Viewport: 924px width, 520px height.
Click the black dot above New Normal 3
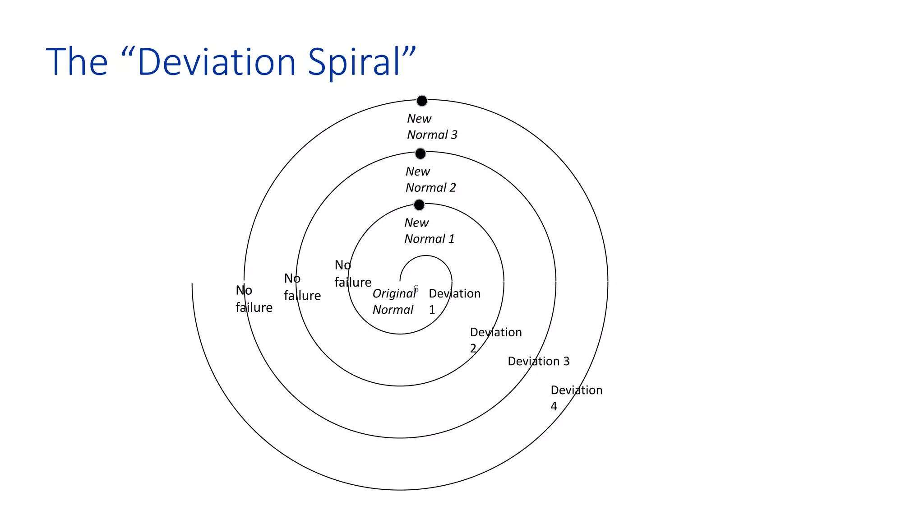(422, 101)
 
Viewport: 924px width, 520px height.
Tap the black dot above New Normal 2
(420, 154)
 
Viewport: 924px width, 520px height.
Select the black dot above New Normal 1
(419, 205)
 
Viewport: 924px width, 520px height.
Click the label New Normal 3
(432, 127)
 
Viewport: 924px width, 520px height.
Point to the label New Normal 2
(430, 180)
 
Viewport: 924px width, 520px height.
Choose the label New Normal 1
(429, 231)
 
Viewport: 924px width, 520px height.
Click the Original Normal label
(394, 302)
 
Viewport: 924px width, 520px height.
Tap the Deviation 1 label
(454, 302)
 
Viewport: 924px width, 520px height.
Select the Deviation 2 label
(495, 340)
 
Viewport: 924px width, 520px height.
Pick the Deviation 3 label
(538, 361)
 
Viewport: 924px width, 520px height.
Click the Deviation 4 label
(576, 398)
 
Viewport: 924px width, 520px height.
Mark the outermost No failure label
(254, 299)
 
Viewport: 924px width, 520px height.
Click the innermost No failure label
(352, 274)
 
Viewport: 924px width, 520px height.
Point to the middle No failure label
(302, 287)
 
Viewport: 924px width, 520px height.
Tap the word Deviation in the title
(216, 62)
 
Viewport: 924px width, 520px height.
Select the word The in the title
(77, 62)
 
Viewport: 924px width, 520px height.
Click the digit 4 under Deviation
(554, 406)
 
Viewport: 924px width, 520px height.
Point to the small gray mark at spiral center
(416, 288)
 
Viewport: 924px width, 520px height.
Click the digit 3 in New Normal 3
(454, 135)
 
